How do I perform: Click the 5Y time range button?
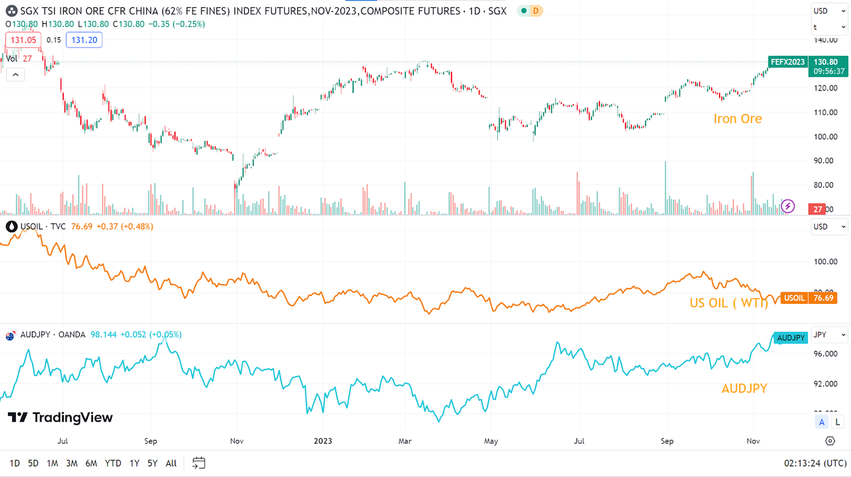point(152,463)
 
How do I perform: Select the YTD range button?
point(113,463)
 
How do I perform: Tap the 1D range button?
point(15,463)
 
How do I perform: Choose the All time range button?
point(171,463)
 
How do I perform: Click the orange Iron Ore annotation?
point(737,118)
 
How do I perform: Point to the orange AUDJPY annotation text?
point(744,388)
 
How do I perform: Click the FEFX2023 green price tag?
point(788,62)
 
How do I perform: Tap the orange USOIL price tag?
point(794,298)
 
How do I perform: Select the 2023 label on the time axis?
point(323,441)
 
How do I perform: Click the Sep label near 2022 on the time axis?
point(151,441)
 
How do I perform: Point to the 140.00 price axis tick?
point(825,40)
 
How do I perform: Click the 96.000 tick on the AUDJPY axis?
point(825,354)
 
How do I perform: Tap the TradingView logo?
point(60,417)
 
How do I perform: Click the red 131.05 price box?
point(24,40)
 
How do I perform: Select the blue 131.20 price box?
point(84,40)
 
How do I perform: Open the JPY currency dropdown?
point(830,335)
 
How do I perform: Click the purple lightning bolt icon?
point(788,206)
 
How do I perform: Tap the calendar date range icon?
point(199,463)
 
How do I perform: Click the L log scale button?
point(837,422)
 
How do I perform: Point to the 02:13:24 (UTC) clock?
point(814,463)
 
